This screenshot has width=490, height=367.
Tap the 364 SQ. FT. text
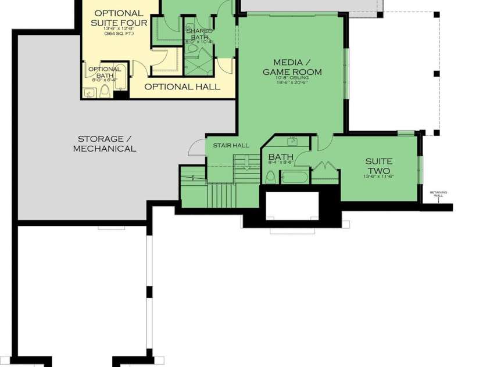coord(119,34)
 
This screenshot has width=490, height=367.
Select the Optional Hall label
coord(182,87)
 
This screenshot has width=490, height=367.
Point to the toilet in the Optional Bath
coord(105,91)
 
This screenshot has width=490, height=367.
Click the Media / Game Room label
coord(292,67)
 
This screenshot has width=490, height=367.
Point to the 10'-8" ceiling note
coord(292,77)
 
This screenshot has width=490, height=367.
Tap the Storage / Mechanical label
coord(105,143)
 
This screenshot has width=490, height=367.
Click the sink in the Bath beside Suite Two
coord(293,141)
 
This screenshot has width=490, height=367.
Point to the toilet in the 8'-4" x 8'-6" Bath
coord(271,177)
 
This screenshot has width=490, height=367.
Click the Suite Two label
coord(378,165)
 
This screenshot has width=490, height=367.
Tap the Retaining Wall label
coord(438,194)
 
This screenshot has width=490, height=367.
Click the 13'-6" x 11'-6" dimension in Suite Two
coord(378,177)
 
